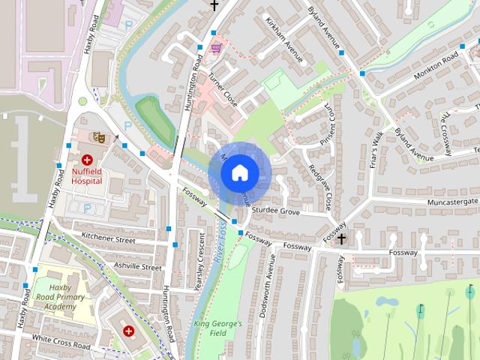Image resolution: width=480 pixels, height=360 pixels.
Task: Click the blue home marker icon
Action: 239,172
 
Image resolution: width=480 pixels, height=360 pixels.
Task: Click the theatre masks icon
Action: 96,136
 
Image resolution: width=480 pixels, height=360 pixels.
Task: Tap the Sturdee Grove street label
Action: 275,212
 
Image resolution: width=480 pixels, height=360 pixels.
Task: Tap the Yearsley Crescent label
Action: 200,261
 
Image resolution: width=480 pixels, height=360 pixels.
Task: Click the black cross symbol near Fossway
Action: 342,238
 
